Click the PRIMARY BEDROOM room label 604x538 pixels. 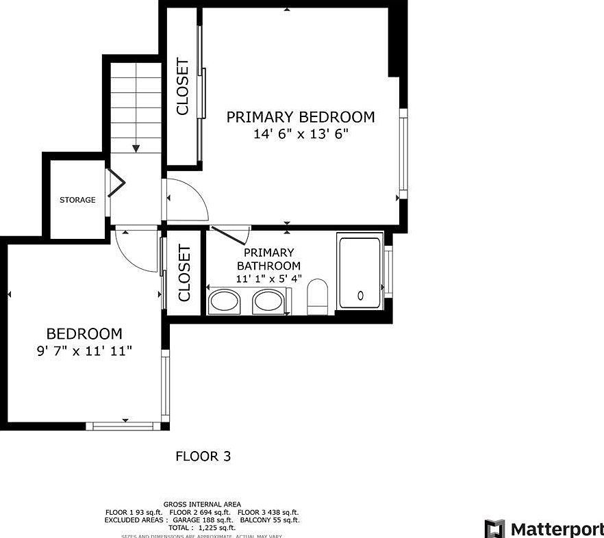(x=301, y=117)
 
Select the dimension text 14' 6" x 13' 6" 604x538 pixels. (x=301, y=135)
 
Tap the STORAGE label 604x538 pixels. (x=77, y=200)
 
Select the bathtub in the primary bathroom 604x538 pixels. (x=360, y=272)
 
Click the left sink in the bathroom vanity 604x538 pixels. (x=224, y=301)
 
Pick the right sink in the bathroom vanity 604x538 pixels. (x=268, y=301)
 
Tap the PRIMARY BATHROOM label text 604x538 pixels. (x=268, y=259)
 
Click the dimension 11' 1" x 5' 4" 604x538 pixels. (x=268, y=279)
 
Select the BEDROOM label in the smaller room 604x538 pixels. (x=84, y=334)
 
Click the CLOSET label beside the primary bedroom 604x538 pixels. (x=183, y=87)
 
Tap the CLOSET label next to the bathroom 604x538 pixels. (x=184, y=273)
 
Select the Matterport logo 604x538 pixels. (x=544, y=528)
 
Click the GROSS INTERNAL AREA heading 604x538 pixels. (x=202, y=504)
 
